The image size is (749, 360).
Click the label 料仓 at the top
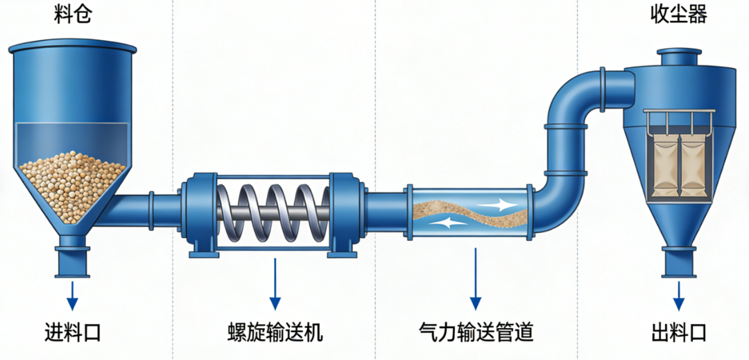click(73, 15)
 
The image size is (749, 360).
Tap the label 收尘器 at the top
click(678, 15)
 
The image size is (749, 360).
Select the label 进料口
click(73, 333)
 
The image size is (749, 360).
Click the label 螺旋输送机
click(275, 333)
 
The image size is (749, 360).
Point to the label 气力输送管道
click(476, 333)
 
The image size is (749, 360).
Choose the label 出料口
click(678, 333)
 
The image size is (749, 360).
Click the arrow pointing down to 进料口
click(73, 294)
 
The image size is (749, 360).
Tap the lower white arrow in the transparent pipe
click(444, 223)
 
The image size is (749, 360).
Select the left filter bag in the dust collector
click(666, 166)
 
